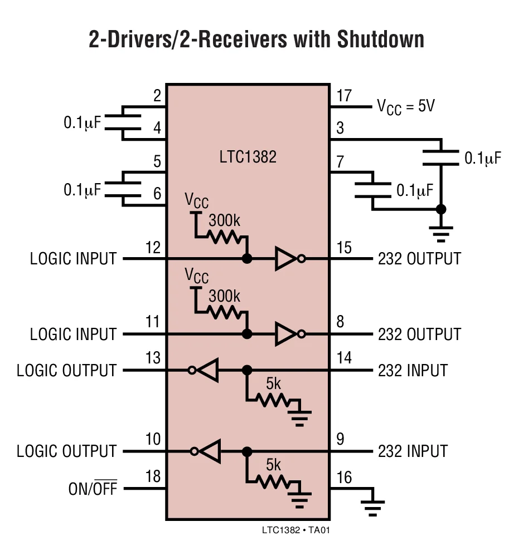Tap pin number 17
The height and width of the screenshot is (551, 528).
tap(344, 96)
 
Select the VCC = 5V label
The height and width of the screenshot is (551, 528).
tap(406, 106)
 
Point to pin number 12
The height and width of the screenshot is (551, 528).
tap(152, 247)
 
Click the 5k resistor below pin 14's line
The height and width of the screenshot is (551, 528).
tap(271, 399)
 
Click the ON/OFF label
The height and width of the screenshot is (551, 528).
tap(93, 489)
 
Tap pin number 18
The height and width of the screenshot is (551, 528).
tap(152, 476)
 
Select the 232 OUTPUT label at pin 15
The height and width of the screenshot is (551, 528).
tap(419, 259)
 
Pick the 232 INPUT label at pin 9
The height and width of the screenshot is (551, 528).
tap(413, 450)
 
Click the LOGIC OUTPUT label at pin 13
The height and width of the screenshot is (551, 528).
tap(66, 370)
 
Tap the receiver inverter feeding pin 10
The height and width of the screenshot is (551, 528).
tap(207, 451)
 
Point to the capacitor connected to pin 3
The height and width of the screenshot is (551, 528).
tap(440, 158)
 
